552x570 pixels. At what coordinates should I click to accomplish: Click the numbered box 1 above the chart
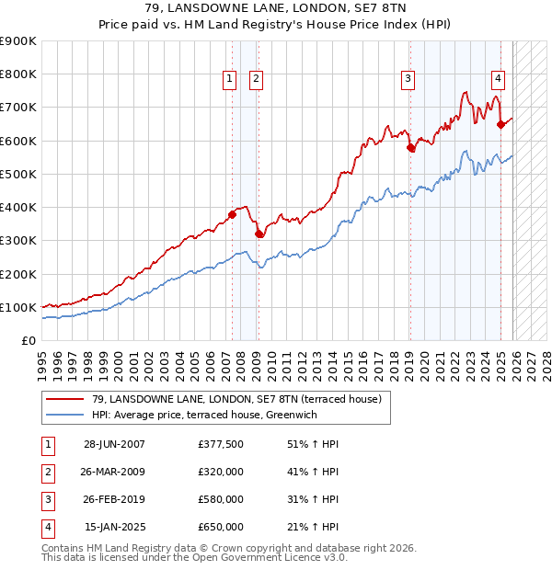[229, 80]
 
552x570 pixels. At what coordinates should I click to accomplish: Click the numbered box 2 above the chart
[255, 80]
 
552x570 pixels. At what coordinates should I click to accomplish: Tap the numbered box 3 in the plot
[407, 80]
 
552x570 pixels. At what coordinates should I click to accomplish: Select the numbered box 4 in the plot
[497, 80]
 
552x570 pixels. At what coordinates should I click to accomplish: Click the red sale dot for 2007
[232, 215]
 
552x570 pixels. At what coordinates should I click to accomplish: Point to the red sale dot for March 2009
[259, 234]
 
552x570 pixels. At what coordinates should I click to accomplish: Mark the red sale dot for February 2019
[410, 147]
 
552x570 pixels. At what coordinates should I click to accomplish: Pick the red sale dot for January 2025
[500, 124]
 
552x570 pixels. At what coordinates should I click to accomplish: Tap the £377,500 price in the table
[220, 444]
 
